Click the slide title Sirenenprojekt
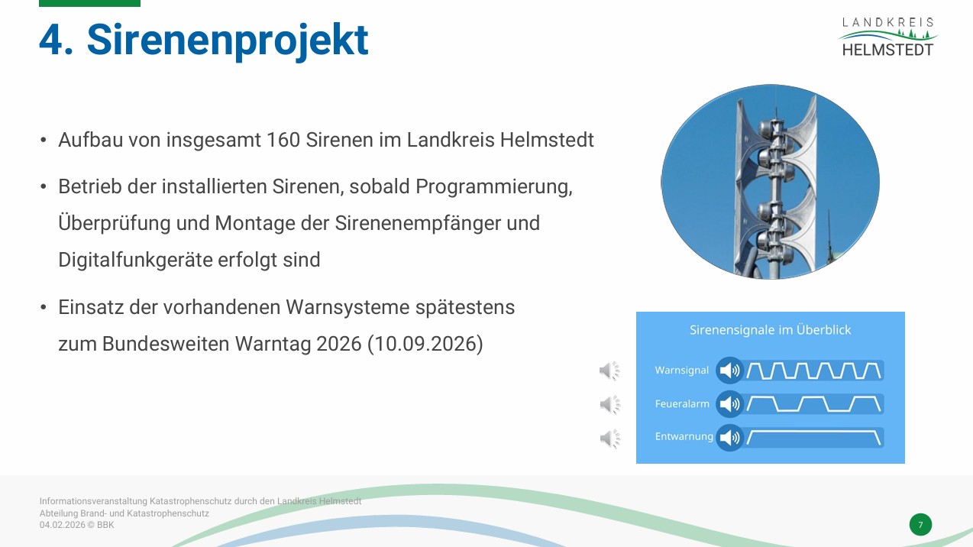pos(228,40)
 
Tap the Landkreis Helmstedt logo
pos(887,37)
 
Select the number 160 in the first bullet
pos(283,140)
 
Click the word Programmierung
pos(494,187)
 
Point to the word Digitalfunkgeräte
pos(135,260)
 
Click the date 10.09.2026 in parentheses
pos(425,344)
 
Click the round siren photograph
pos(770,182)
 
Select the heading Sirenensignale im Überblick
pos(770,330)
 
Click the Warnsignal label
pos(681,371)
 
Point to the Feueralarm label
pos(682,403)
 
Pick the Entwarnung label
pos(684,436)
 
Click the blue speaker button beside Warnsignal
pos(730,371)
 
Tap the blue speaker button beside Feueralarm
pos(730,404)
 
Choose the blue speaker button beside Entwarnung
pos(730,438)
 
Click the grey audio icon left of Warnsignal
pos(609,371)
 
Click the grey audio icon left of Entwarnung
pos(610,439)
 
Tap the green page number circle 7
pos(920,524)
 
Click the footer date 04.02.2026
pos(63,525)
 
